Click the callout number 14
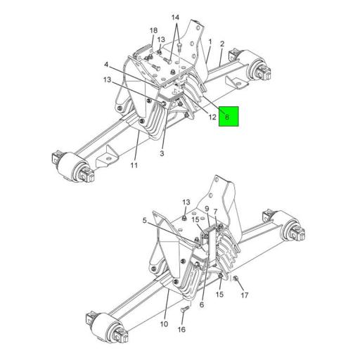tap(175, 17)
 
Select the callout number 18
tap(153, 30)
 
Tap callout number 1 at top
tap(210, 41)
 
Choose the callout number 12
tap(212, 117)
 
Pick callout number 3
tap(162, 153)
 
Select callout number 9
tap(207, 209)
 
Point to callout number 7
tap(216, 212)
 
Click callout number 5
tap(146, 220)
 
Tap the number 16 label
tap(181, 329)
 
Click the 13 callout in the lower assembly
tap(186, 202)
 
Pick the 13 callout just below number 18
tap(161, 39)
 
